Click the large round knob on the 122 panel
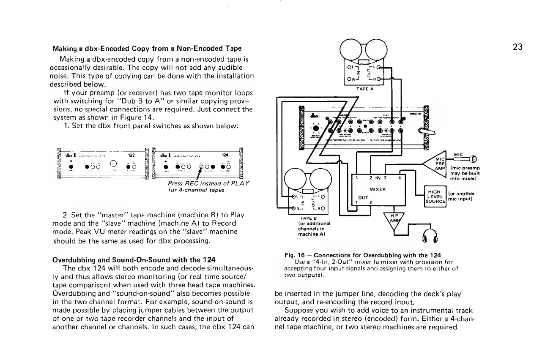pos(114,164)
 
